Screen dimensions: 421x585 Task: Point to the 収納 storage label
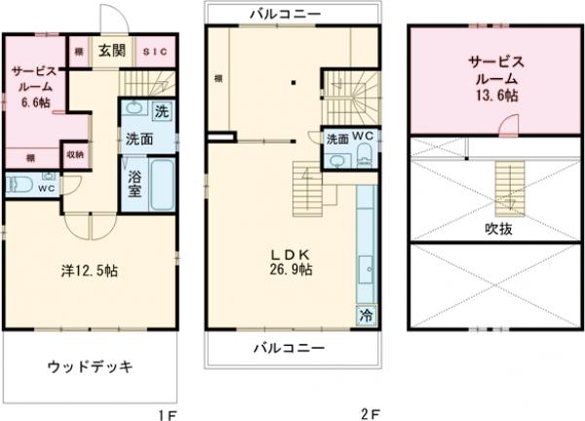coord(75,154)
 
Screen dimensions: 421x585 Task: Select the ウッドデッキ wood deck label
coord(89,367)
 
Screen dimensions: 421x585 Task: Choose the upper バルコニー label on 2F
coord(290,15)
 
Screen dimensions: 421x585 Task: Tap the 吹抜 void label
coord(498,231)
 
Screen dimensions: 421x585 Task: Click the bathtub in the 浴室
coord(163,185)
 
